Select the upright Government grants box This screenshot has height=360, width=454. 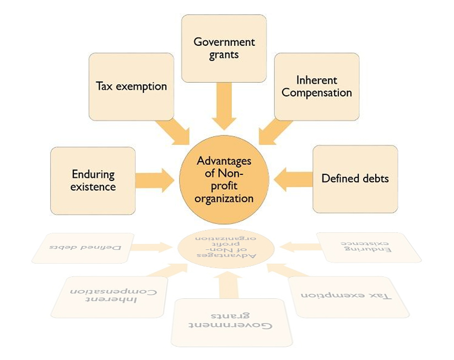pos(224,48)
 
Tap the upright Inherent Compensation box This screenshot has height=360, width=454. pos(316,86)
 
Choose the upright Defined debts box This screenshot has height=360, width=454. pos(355,179)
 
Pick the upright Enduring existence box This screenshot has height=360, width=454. pos(93,181)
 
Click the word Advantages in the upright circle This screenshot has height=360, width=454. pos(224,161)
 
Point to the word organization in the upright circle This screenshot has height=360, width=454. pos(225,198)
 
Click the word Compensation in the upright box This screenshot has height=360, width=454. pos(316,92)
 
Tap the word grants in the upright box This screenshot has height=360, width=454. pos(224,55)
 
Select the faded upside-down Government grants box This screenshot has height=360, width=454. pos(229,323)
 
